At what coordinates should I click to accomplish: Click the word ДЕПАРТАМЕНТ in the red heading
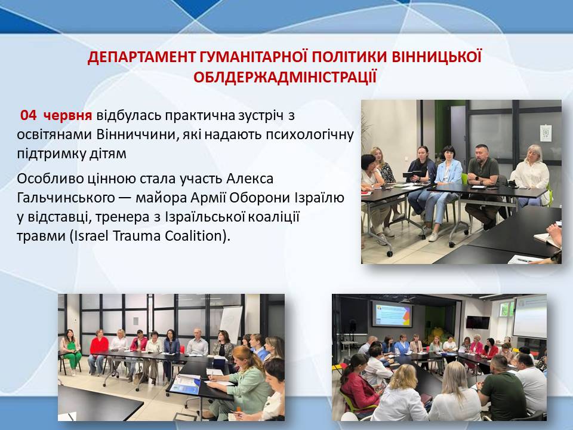(141, 57)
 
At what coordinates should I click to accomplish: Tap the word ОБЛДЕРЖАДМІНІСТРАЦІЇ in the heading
(285, 77)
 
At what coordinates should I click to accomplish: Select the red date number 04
(28, 115)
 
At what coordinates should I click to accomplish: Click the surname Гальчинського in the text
(66, 198)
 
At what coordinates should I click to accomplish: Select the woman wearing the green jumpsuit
(70, 352)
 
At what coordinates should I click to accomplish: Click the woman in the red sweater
(98, 351)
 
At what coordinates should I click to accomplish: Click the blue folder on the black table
(185, 385)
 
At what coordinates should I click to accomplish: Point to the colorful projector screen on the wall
(392, 314)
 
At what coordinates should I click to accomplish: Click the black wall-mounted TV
(478, 322)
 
